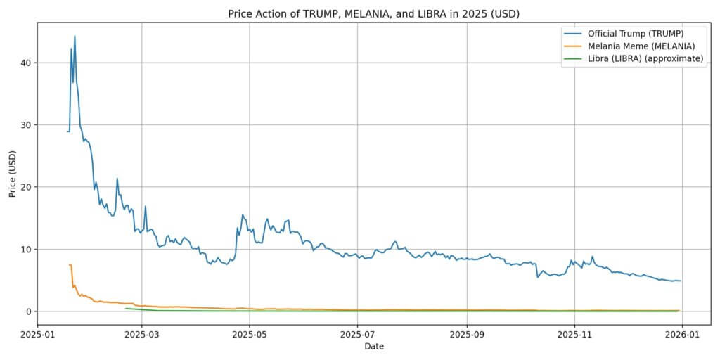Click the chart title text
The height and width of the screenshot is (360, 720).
pos(374,13)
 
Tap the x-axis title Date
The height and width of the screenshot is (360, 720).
pos(374,347)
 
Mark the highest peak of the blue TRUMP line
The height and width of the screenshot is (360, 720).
pos(75,36)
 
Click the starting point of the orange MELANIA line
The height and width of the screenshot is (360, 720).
pos(69,265)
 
